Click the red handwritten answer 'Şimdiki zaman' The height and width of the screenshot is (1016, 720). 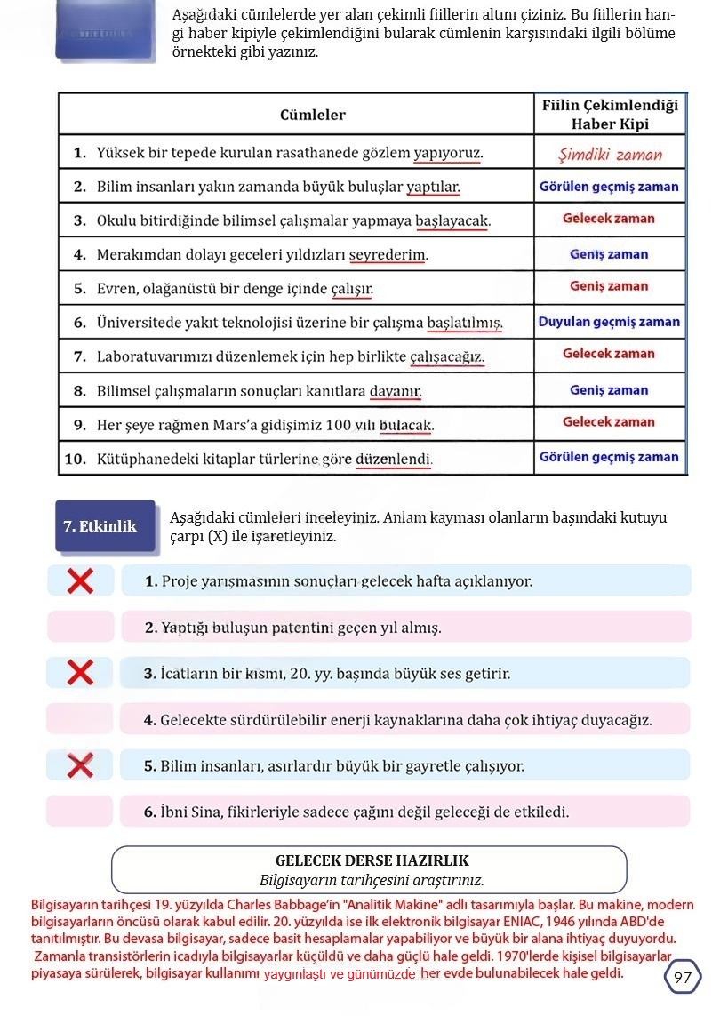pos(610,154)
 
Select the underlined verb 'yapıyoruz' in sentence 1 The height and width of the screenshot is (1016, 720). pos(447,154)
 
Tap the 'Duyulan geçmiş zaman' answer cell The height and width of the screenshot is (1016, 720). pos(609,322)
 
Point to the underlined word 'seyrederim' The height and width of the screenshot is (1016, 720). pos(387,255)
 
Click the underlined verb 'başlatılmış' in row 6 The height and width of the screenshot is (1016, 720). pos(464,323)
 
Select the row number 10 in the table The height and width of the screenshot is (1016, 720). pos(75,459)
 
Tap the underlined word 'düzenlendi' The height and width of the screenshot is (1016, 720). pos(393,460)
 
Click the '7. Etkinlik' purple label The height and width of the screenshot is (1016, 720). pos(100,526)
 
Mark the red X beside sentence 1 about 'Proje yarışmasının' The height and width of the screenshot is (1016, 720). pos(80,581)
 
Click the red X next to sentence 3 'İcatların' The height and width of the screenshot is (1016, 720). pos(80,673)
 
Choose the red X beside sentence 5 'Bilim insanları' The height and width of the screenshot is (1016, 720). pos(80,764)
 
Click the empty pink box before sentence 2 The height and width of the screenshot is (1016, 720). pos(80,627)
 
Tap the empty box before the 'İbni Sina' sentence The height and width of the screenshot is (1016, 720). pos(80,811)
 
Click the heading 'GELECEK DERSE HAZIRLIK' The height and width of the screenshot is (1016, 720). pos(372,860)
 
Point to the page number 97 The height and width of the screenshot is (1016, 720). pos(683,978)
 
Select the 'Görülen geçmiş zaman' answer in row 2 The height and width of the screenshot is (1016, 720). pos(609,188)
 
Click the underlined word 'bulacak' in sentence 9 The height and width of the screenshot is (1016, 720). pos(405,425)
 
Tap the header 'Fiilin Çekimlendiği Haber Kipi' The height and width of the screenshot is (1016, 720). pos(610,115)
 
